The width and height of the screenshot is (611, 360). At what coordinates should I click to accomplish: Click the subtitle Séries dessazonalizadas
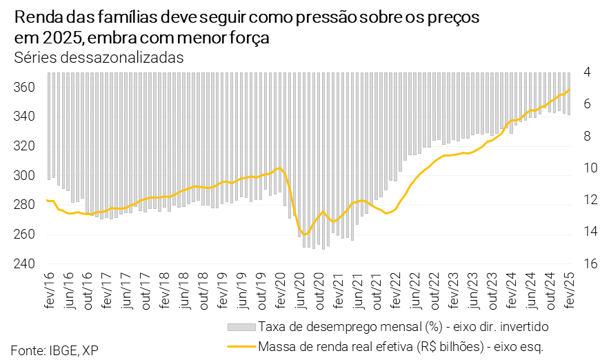(99, 57)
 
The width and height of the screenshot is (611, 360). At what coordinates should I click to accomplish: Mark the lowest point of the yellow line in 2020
(305, 234)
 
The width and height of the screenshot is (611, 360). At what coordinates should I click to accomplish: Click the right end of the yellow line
(570, 90)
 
